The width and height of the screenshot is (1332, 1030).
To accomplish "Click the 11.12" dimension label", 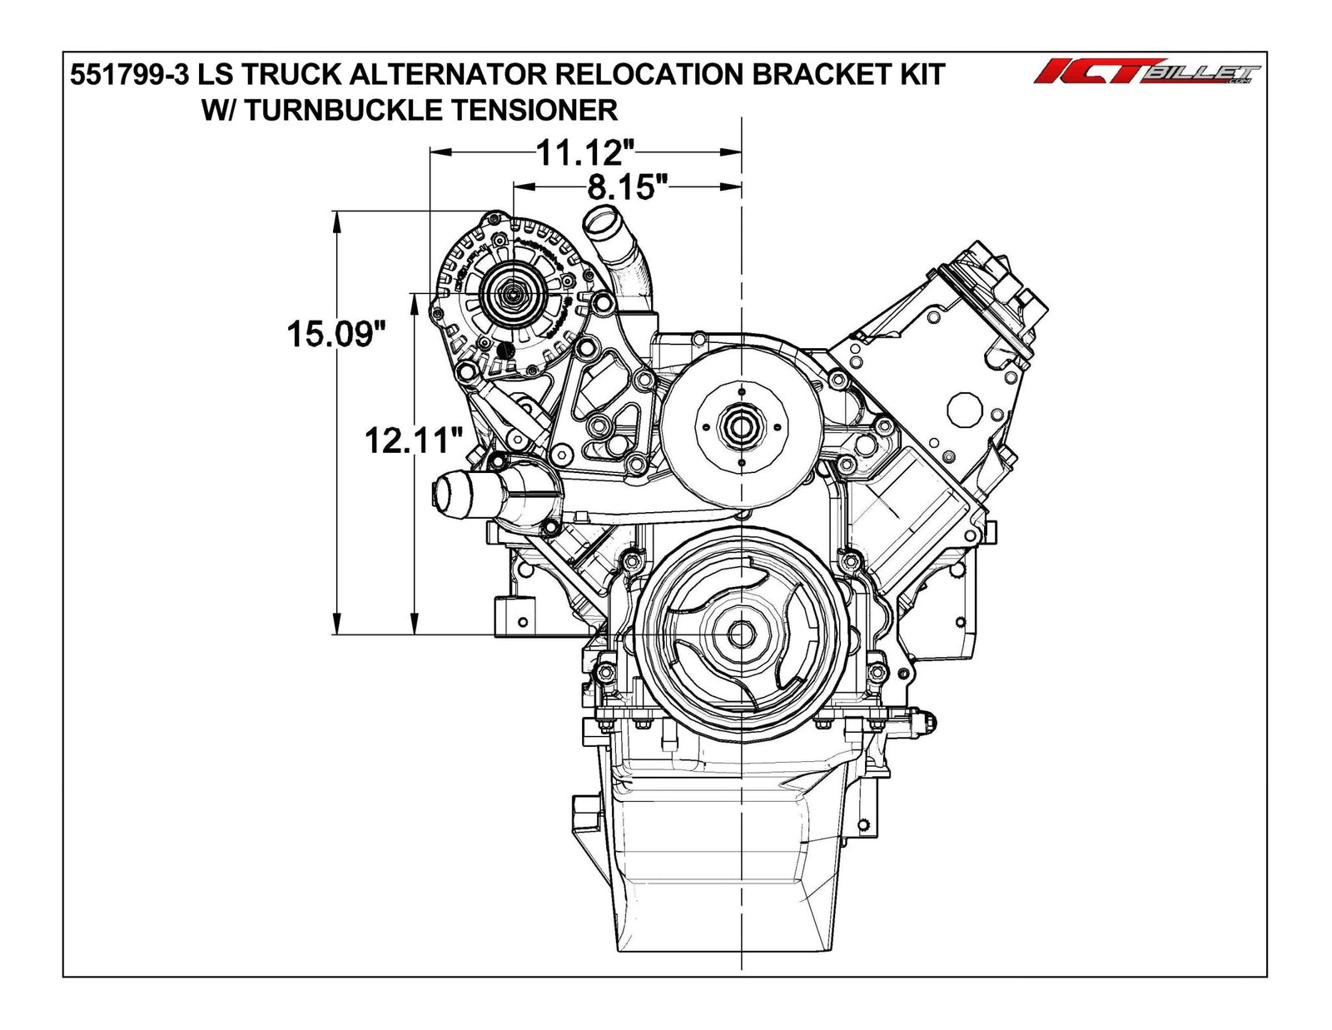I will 585,152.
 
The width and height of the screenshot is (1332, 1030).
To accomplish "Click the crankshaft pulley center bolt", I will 739,634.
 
